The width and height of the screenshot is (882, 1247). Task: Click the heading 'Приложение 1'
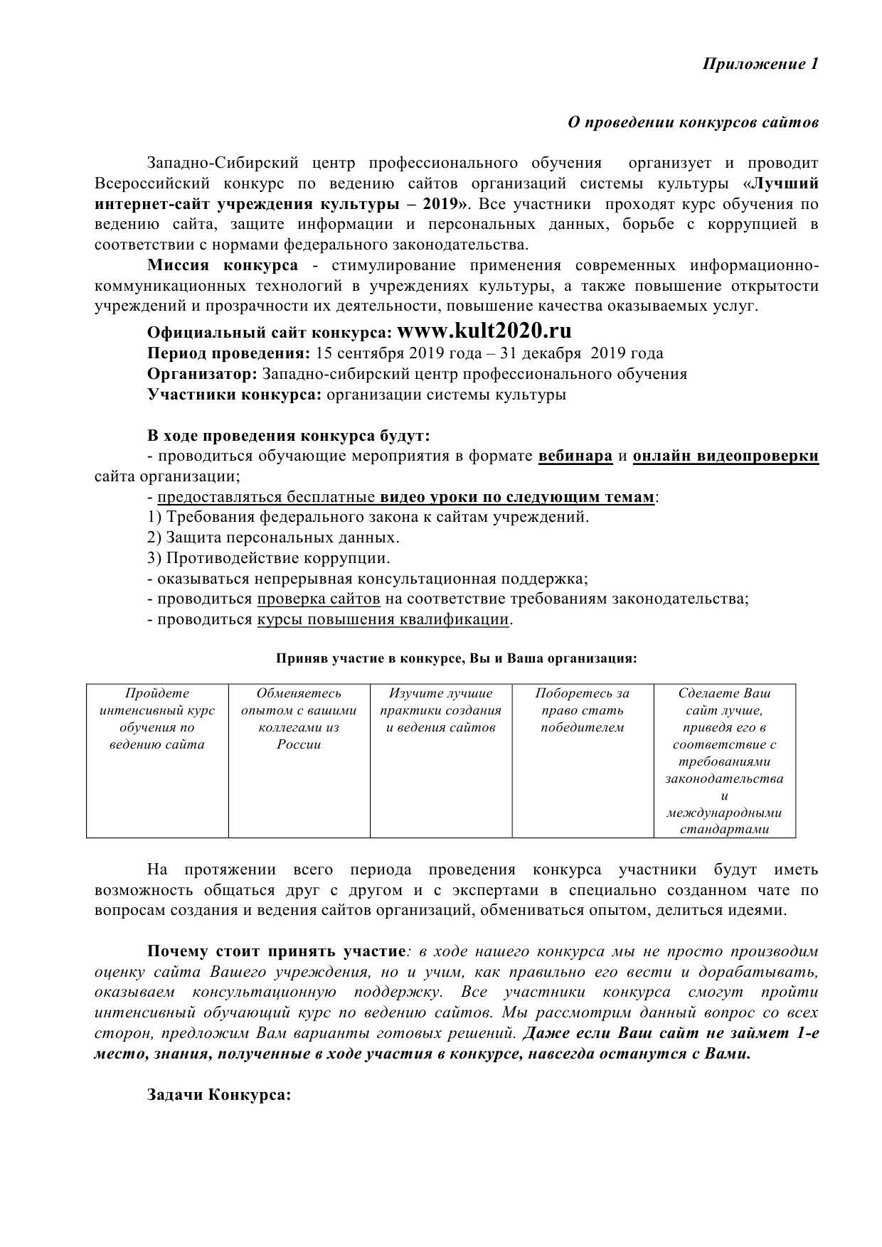pyautogui.click(x=760, y=64)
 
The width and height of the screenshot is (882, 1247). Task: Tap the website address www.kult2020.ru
pyautogui.click(x=484, y=331)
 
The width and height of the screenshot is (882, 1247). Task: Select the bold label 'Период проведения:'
pyautogui.click(x=228, y=353)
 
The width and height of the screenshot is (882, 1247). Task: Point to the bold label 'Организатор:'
pyautogui.click(x=202, y=374)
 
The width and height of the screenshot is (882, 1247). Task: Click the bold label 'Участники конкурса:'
pyautogui.click(x=234, y=395)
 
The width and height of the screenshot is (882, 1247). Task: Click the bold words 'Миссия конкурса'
pyautogui.click(x=223, y=266)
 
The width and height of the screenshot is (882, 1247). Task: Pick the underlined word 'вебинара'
pyautogui.click(x=575, y=456)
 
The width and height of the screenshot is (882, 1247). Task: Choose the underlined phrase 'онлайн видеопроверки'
pyautogui.click(x=726, y=456)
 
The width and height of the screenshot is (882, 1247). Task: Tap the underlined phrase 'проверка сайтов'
pyautogui.click(x=318, y=599)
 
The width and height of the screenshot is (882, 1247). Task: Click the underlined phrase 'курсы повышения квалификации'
pyautogui.click(x=383, y=619)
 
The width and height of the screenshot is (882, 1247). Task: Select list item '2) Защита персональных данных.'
pyautogui.click(x=273, y=537)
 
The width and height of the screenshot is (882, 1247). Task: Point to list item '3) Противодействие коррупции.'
pyautogui.click(x=268, y=558)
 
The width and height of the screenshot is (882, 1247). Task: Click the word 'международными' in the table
pyautogui.click(x=724, y=813)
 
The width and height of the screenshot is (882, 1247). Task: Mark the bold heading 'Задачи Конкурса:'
pyautogui.click(x=219, y=1095)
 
